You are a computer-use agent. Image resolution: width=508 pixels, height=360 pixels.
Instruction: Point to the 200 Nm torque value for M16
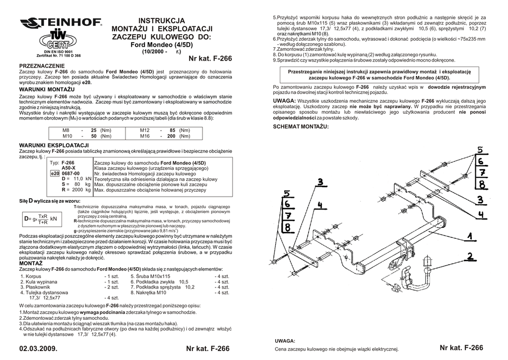[x=171, y=136]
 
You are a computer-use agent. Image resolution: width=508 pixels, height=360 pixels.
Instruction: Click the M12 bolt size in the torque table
[x=145, y=130]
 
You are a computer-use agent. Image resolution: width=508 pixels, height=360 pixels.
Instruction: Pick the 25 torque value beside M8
[x=93, y=130]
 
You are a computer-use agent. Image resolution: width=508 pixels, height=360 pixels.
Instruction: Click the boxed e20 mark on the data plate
[x=55, y=173]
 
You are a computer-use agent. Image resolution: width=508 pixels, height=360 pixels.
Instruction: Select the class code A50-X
[x=68, y=168]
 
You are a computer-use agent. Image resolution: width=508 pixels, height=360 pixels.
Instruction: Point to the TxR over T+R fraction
[x=43, y=219]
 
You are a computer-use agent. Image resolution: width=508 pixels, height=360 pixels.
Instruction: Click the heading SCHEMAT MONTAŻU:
[x=301, y=127]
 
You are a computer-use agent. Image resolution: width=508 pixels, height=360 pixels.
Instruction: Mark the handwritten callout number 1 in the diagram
[x=469, y=235]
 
